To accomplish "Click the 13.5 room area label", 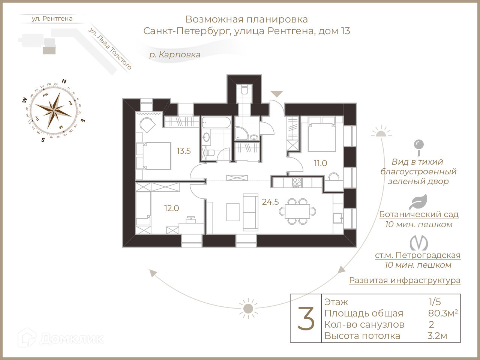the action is (x=184, y=151).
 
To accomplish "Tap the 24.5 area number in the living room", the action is (x=270, y=202).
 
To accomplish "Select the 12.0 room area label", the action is (x=171, y=208).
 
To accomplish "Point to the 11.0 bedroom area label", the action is (x=321, y=163).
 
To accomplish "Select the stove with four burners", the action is (x=297, y=182).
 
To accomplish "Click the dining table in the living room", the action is (x=297, y=211).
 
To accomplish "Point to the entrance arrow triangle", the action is (x=277, y=94).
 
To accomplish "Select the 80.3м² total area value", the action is (x=443, y=313).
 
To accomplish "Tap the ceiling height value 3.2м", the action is (x=437, y=336).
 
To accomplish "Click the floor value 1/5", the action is (x=435, y=302).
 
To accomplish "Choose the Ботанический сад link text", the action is (x=418, y=214).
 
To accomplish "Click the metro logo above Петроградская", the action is (x=418, y=243).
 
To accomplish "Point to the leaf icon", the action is (x=418, y=202).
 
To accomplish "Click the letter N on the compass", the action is (x=64, y=81).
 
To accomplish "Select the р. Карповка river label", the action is (x=175, y=55).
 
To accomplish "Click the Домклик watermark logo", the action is (x=61, y=338).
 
